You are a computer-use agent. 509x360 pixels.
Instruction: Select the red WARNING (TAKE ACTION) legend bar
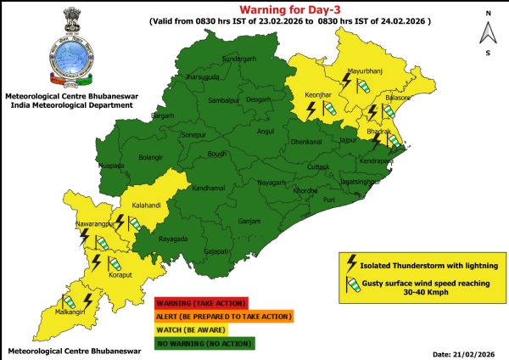coord(201,302)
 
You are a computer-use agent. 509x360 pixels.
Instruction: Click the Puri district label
coord(329,199)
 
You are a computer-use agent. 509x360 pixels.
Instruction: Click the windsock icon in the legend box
coord(350,287)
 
